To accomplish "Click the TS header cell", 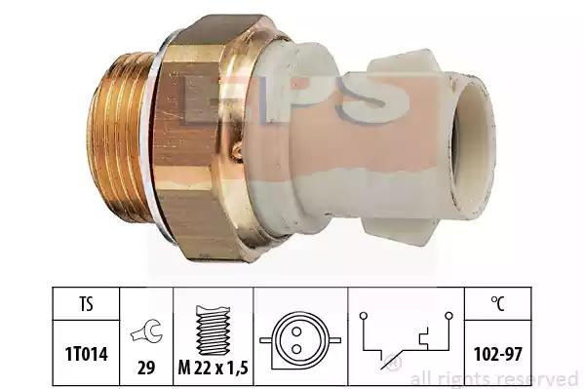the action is (86, 303).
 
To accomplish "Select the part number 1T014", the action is (87, 354).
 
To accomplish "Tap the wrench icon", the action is (146, 331).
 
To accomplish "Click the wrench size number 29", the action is (146, 368).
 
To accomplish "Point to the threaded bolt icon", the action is (213, 331).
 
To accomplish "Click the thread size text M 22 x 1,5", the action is (214, 369).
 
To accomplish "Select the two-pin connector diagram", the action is (300, 340).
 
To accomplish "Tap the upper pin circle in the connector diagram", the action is (296, 331).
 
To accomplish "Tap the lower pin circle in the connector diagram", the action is (296, 349).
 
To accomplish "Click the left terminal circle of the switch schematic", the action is (364, 316).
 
